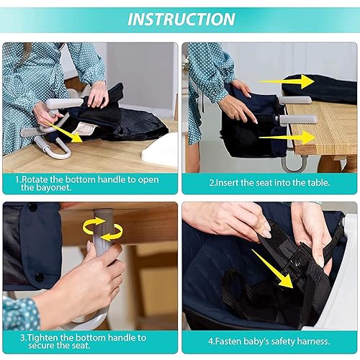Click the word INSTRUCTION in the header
[x=180, y=19]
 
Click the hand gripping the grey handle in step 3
[x=101, y=277]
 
